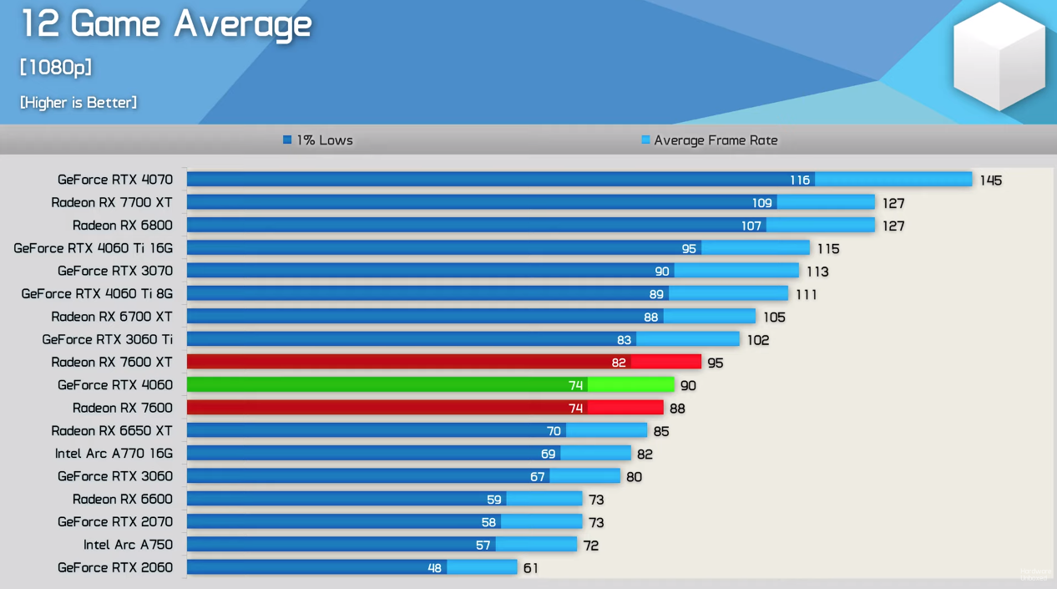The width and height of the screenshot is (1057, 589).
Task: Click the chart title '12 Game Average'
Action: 165,24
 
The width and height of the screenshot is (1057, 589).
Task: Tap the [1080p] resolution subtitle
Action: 56,67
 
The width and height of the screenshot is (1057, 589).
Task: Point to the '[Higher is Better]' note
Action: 78,102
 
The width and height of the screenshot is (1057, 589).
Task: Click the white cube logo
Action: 999,56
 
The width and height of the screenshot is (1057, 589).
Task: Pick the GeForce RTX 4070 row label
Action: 115,180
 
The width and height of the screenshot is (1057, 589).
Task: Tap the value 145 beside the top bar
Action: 991,180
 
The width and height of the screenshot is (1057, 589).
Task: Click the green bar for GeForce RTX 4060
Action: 430,384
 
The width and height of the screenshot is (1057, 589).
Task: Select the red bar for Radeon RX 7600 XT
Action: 443,362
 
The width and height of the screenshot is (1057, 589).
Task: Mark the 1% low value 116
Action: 800,180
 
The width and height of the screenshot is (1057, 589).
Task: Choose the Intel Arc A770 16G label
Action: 114,453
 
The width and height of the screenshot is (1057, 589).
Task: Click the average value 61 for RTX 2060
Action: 531,568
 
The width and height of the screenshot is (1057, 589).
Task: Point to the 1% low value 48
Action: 434,568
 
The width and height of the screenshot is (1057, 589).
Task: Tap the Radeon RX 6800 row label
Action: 123,226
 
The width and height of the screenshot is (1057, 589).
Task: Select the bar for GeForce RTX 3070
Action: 493,271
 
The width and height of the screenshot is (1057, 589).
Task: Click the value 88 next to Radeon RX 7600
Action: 677,409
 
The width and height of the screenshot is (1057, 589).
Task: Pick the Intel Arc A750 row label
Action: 128,545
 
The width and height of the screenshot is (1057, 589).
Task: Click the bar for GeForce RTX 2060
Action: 351,567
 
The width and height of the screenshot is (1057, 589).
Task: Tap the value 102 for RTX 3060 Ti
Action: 758,340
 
